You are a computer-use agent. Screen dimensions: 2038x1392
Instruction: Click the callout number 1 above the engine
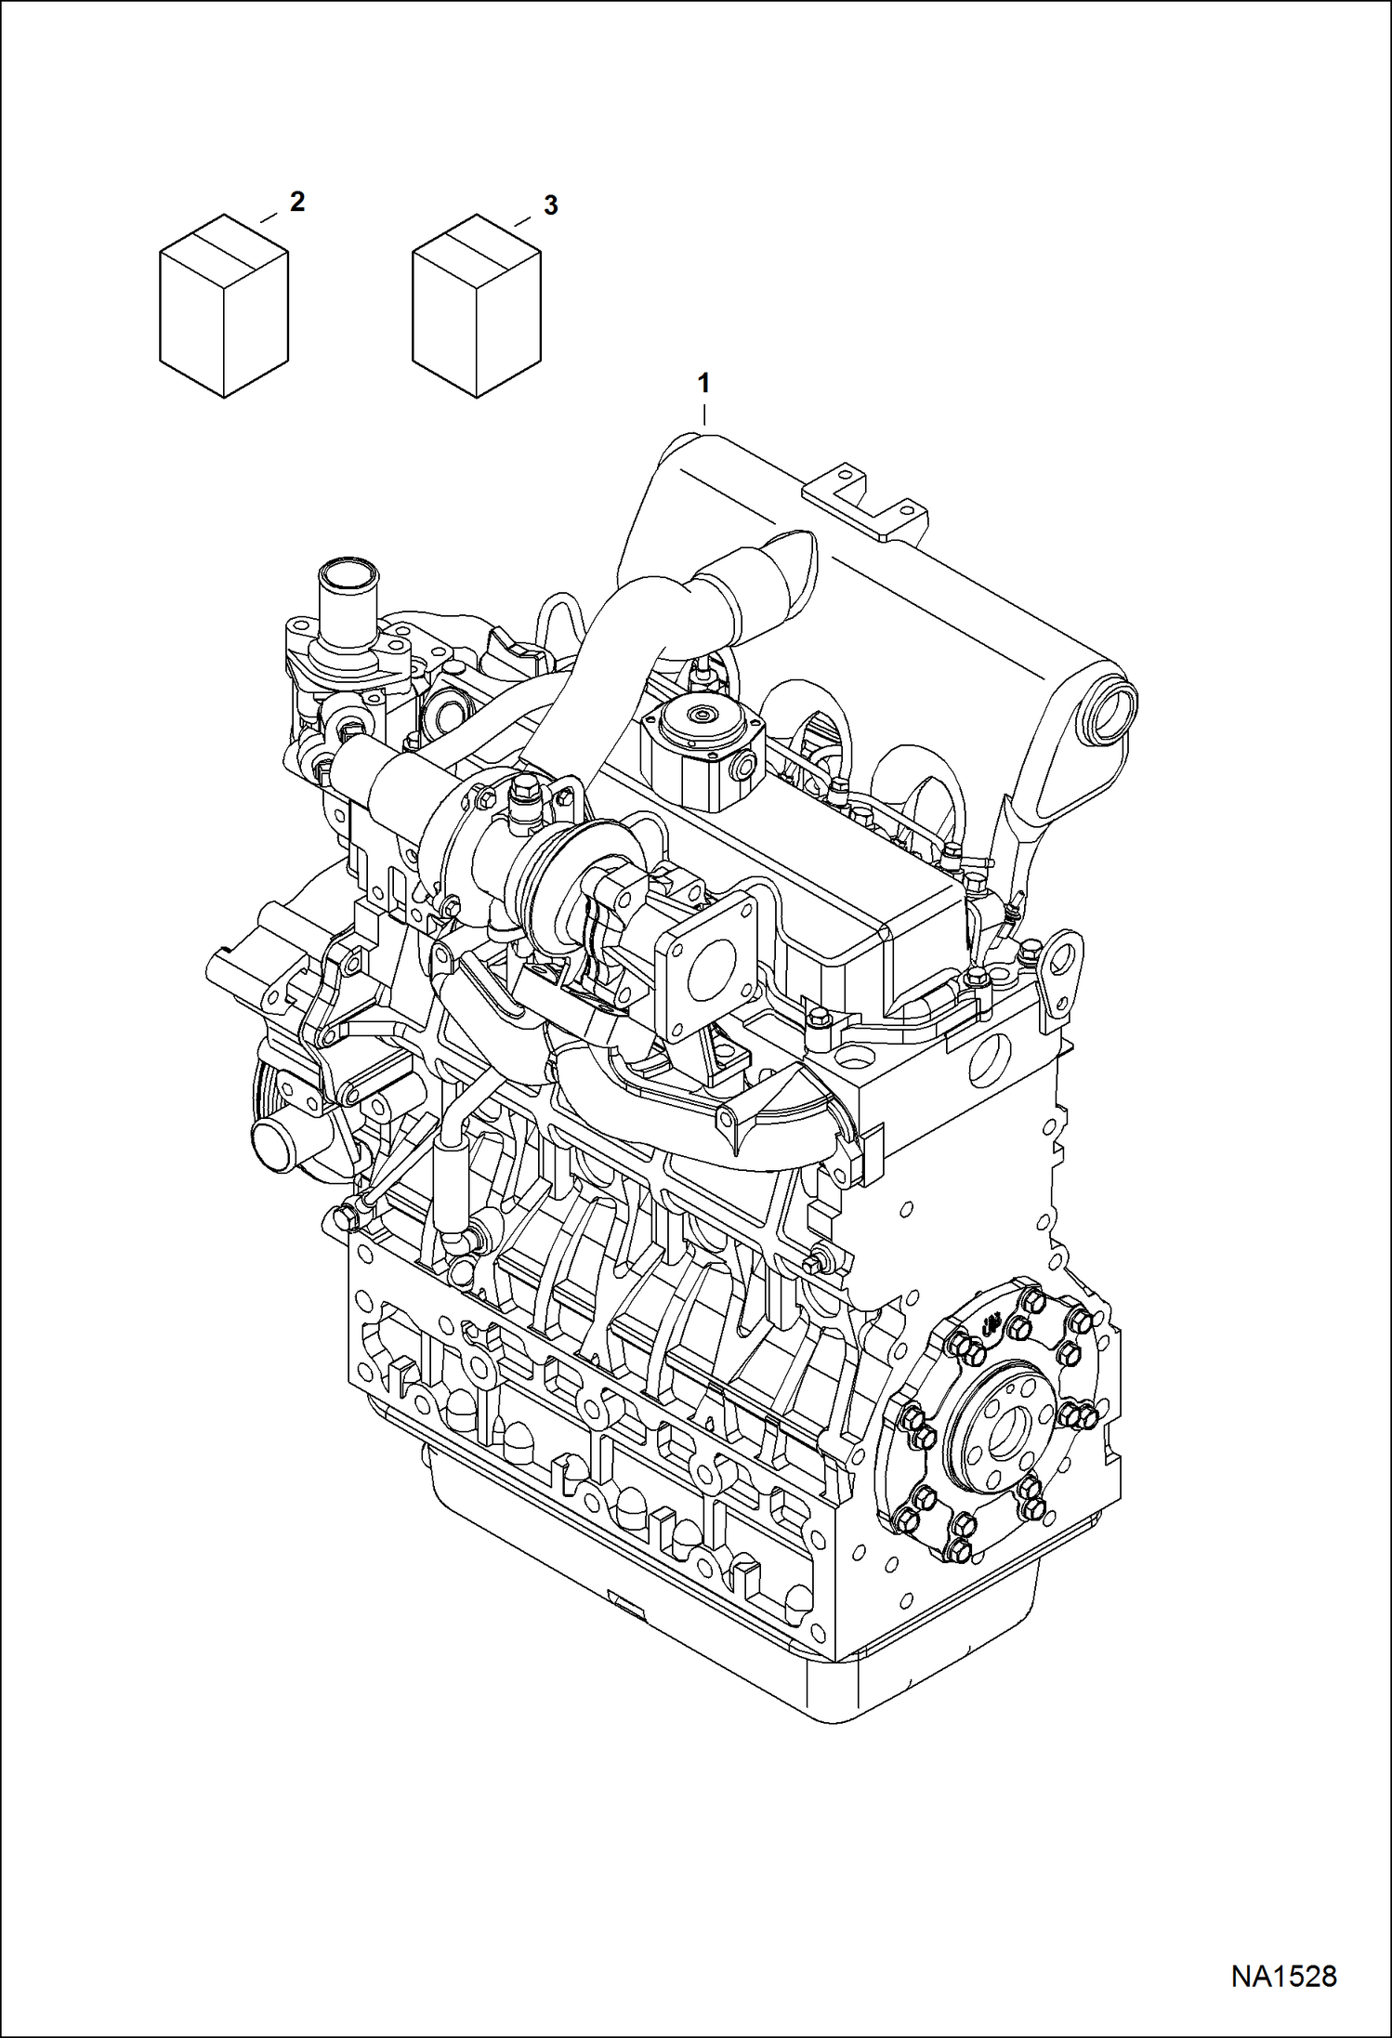[x=704, y=382]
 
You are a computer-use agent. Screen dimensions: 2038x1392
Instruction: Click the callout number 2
[x=296, y=202]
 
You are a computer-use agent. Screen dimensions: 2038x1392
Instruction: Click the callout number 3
[x=550, y=205]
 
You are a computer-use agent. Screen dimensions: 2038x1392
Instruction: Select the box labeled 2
[x=223, y=307]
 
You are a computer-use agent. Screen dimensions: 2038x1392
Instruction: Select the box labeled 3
[x=476, y=307]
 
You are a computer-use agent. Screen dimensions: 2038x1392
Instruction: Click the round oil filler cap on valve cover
[x=698, y=717]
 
